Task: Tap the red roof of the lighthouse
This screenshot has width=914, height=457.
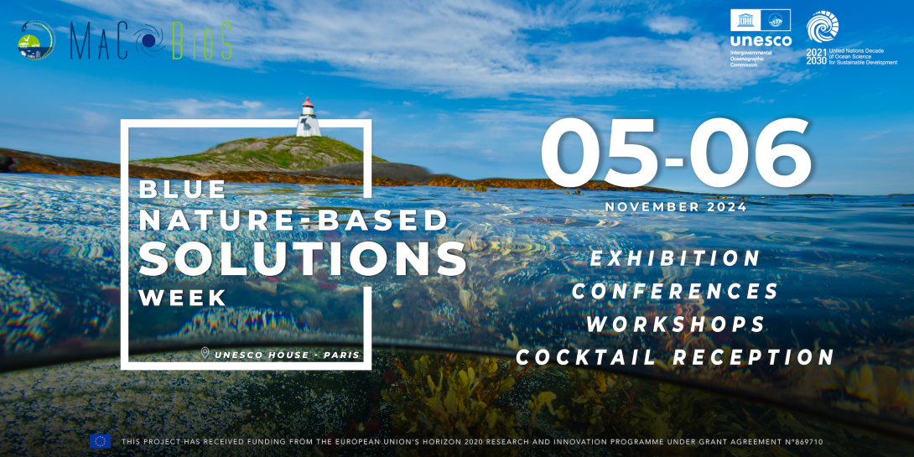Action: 308,102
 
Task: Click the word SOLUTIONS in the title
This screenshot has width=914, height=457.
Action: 303,257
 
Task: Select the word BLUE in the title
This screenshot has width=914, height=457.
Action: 183,190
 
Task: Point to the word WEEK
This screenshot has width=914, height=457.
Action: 183,298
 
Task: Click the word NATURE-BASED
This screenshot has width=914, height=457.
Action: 293,221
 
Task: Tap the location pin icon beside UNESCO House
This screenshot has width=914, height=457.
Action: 205,353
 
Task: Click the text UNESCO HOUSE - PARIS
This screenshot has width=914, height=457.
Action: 286,355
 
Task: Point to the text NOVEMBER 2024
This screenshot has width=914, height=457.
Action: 676,207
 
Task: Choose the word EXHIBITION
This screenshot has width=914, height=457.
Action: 675,258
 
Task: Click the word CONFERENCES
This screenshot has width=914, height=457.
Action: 675,292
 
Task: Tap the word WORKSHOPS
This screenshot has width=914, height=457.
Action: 675,325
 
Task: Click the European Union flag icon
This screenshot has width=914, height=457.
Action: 100,441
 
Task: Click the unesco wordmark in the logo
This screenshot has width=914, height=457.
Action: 761,41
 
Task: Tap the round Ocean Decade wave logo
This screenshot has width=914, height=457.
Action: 822,26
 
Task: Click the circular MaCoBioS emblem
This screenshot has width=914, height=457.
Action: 36,40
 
